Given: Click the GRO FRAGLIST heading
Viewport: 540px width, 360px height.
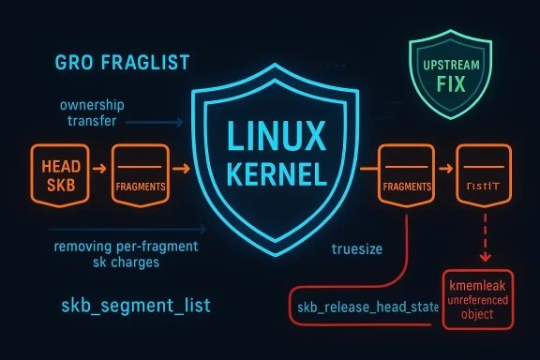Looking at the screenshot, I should [x=110, y=63].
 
